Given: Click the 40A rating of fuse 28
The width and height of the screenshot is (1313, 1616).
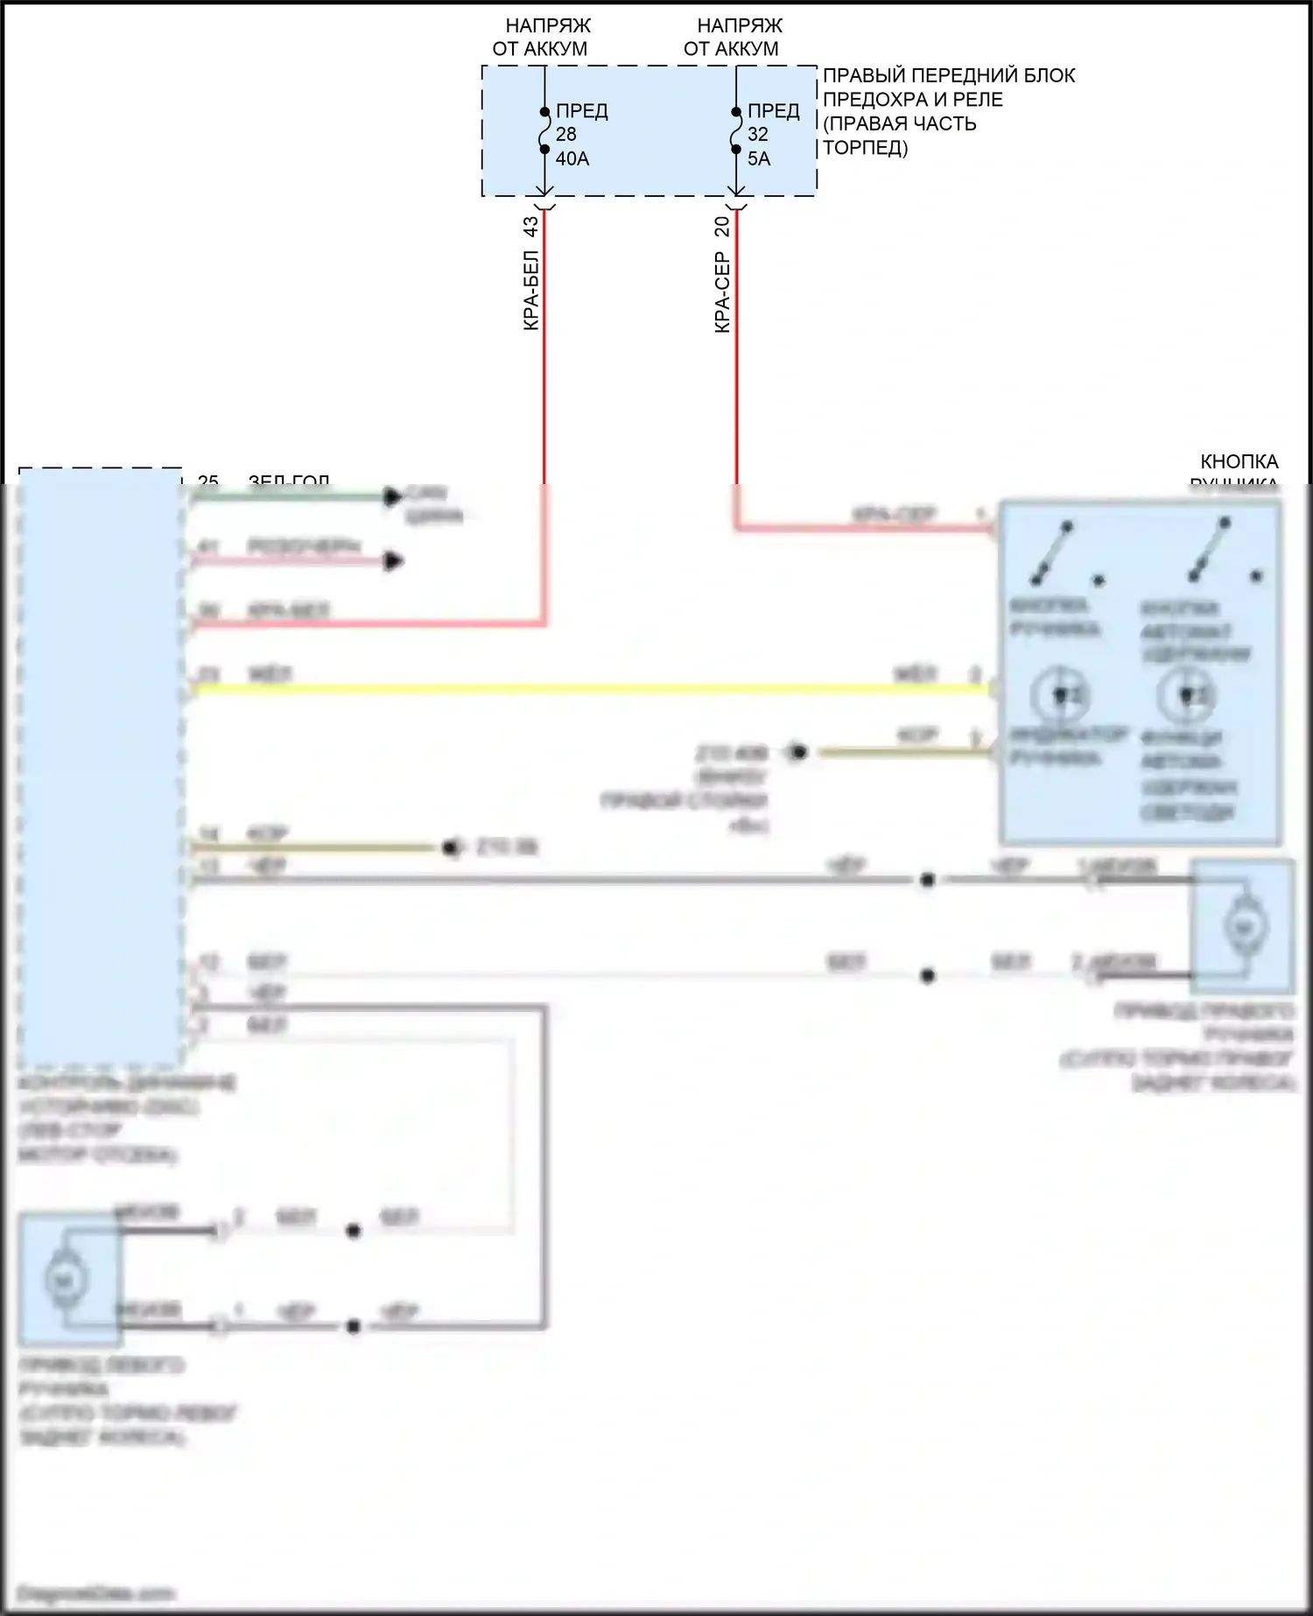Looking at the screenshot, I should point(572,158).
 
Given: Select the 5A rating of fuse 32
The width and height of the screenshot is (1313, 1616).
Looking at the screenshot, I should point(759,158).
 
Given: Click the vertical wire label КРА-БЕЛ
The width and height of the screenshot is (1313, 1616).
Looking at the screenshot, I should point(531,291).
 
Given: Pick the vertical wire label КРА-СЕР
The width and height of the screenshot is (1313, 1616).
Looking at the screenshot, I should point(722,292).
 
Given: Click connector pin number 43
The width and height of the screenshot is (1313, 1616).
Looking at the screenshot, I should point(531,227).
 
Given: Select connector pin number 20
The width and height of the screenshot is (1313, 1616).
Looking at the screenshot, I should point(722,227).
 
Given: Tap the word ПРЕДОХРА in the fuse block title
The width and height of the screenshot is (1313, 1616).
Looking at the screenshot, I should point(913,100).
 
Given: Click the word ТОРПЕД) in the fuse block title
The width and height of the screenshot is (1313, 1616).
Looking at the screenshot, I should point(866,148).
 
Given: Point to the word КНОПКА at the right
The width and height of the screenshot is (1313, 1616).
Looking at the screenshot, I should point(1239,461).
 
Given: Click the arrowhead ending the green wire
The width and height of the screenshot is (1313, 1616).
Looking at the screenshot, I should point(392,497).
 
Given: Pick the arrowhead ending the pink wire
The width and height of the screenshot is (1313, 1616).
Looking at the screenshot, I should point(394,561).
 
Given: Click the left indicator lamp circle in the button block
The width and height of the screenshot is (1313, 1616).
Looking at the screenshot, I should point(1059,695).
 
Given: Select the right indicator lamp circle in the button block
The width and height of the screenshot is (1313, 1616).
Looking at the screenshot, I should point(1186,695).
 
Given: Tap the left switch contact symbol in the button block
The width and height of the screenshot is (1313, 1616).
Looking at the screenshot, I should point(1053,552).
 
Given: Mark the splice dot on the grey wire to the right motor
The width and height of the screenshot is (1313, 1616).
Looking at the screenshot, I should point(928,880).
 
